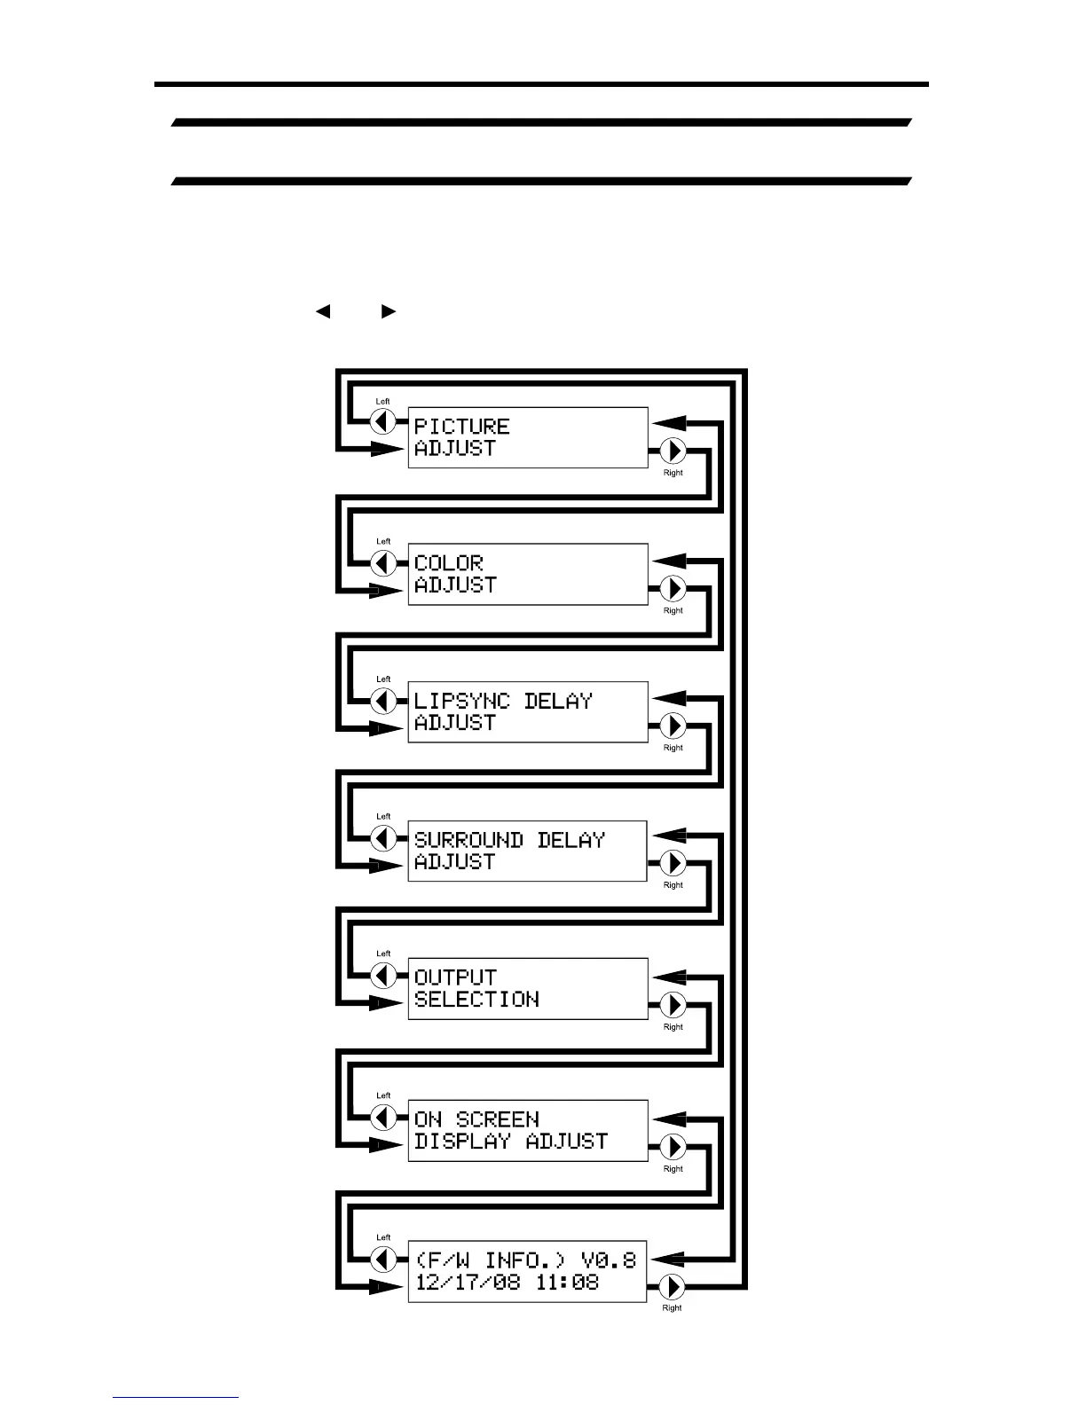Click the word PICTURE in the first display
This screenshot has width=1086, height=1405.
pos(461,427)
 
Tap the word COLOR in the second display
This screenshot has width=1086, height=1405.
pos(448,563)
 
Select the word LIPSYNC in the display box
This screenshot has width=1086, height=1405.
pos(461,701)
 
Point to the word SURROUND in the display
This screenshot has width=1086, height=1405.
pos(468,839)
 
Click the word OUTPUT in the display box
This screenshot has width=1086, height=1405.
pos(455,977)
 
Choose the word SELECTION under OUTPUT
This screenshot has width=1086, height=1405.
pos(476,1000)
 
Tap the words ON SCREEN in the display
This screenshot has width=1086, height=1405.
pos(476,1119)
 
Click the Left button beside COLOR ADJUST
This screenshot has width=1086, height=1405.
pos(383,563)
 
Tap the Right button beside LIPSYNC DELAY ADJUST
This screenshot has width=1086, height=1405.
pos(673,726)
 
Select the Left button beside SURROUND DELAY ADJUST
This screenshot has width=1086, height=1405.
pos(383,838)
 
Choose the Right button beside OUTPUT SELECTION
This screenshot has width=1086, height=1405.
pos(673,1005)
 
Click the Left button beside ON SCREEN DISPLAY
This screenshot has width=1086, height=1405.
pos(383,1118)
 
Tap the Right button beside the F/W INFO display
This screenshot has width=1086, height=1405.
pos(673,1286)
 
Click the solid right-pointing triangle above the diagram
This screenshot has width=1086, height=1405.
pos(388,311)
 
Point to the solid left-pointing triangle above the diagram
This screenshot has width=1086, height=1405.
pos(323,311)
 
